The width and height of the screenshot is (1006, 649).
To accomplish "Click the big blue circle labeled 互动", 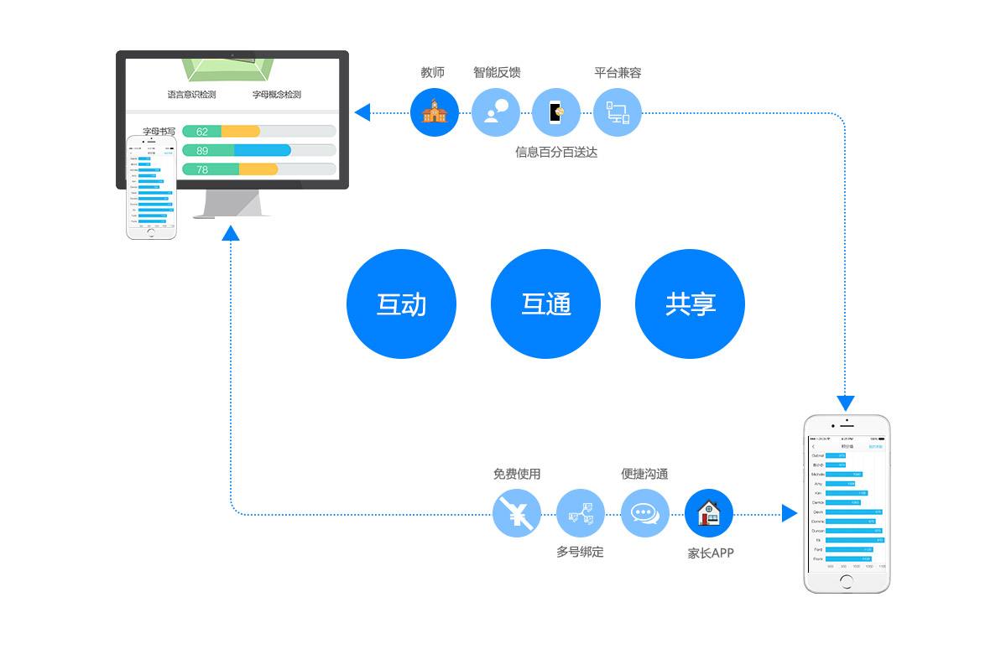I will (401, 304).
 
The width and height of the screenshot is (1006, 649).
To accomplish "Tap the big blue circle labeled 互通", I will (545, 304).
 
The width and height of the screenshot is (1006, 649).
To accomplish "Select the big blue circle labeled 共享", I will (690, 304).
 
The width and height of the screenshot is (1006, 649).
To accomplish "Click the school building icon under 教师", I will (435, 112).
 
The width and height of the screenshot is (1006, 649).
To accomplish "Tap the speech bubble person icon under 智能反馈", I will (496, 112).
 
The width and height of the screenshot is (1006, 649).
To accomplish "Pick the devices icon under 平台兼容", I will (618, 112).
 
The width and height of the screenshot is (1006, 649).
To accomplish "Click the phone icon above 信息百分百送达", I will (556, 112).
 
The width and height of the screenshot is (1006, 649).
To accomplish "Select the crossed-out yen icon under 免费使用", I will (516, 513).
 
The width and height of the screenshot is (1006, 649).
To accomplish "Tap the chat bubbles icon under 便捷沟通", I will (644, 513).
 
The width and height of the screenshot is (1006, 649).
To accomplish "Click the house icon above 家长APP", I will (709, 513).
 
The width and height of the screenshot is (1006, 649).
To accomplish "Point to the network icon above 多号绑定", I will (581, 513).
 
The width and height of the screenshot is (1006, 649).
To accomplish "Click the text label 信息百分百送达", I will (556, 153).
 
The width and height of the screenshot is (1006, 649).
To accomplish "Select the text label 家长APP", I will (711, 553).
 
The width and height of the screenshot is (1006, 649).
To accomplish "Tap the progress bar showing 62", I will (258, 132).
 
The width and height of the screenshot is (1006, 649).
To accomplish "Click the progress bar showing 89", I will (258, 151).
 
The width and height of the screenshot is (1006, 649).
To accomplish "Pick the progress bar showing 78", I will (258, 169).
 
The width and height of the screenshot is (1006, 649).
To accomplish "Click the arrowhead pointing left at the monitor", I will (362, 112).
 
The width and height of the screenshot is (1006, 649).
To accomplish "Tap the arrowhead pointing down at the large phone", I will (846, 402).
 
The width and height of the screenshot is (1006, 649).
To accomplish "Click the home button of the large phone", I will (847, 581).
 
